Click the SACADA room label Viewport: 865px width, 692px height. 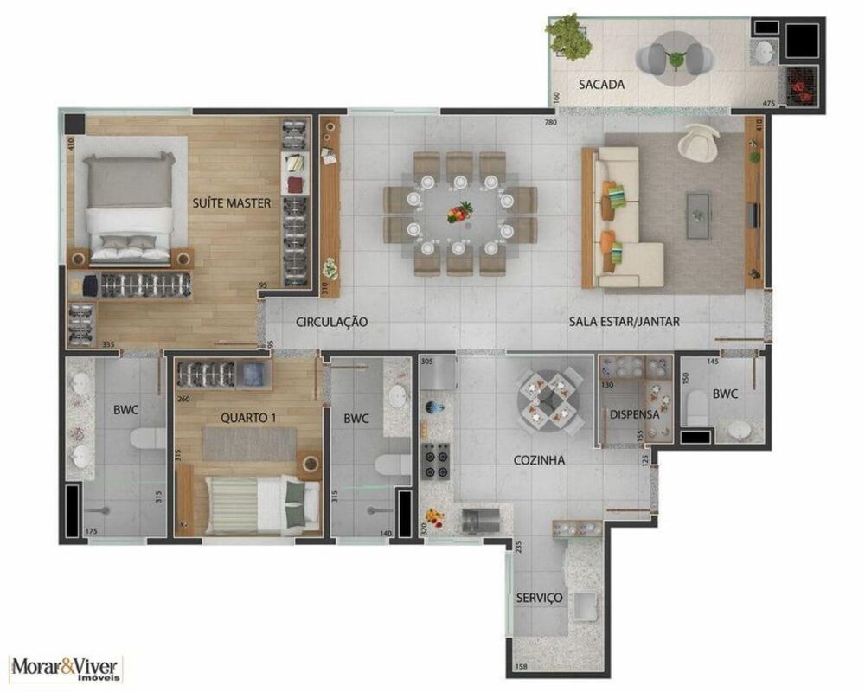(601, 85)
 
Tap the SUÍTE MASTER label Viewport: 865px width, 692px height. (232, 203)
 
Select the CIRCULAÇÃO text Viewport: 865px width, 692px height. (332, 322)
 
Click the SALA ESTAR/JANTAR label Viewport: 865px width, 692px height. (624, 322)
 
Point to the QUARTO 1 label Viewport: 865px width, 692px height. (248, 418)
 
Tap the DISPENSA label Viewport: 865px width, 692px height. (634, 414)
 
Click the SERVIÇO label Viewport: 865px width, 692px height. (540, 598)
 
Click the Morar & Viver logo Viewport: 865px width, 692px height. (67, 668)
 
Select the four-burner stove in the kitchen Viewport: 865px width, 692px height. (434, 460)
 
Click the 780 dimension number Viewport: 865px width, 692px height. (549, 122)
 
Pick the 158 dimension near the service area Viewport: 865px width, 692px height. (521, 666)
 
